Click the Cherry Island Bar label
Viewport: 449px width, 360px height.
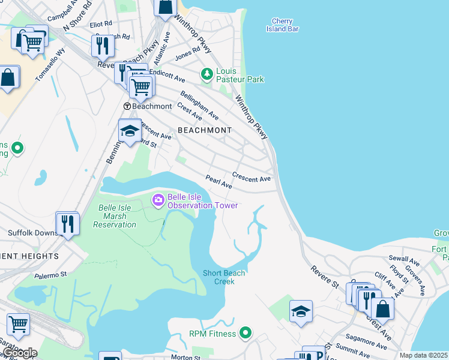click(282, 25)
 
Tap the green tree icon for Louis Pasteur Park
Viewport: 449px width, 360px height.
click(207, 74)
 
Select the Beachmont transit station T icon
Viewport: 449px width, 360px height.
click(127, 106)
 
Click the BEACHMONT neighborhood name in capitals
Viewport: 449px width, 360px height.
click(204, 130)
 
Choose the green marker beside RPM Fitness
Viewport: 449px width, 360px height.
click(245, 332)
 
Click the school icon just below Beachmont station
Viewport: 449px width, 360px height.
click(130, 131)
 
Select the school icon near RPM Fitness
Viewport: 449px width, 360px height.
click(301, 311)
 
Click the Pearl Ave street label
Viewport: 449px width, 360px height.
click(218, 182)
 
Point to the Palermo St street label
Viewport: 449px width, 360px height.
click(51, 275)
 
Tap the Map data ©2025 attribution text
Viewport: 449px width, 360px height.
click(424, 355)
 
